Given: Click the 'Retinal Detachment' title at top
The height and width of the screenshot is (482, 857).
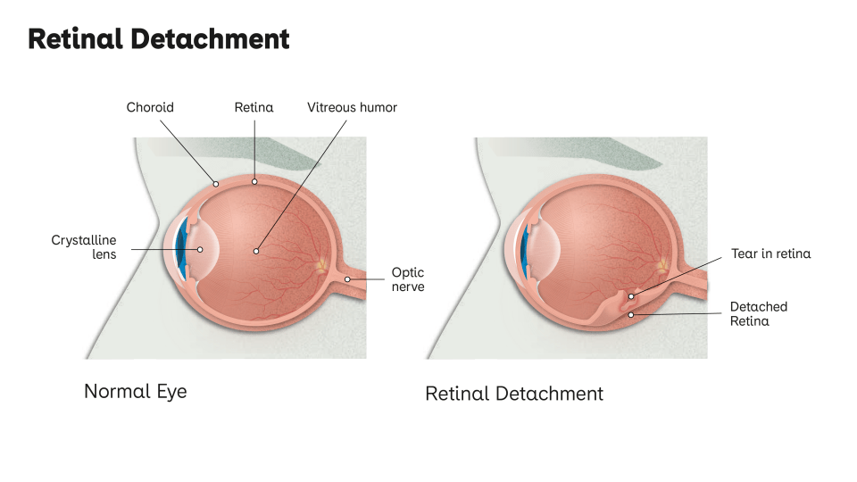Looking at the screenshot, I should click(159, 39).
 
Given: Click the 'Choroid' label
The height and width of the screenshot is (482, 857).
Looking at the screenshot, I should click(150, 107).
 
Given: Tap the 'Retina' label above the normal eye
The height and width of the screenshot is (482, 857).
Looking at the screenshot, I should click(254, 107).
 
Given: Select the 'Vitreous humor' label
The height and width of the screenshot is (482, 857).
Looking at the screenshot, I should click(352, 107).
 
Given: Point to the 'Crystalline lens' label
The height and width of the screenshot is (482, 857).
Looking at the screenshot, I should click(84, 247).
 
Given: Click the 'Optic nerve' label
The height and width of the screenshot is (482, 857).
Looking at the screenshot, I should click(407, 279).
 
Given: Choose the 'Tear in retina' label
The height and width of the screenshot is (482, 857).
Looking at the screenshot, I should click(770, 253).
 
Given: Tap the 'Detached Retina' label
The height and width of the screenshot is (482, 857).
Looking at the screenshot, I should click(758, 313).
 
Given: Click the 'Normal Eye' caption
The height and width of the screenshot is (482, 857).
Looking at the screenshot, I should click(136, 391).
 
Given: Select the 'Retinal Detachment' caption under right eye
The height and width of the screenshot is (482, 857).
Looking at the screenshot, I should click(514, 394).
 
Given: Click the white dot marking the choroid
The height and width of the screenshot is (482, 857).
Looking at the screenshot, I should click(216, 183).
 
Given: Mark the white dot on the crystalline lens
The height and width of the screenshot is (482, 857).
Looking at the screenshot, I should click(200, 251).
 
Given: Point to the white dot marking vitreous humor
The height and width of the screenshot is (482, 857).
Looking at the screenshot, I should click(257, 251).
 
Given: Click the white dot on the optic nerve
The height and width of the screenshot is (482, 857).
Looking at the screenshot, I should click(347, 279).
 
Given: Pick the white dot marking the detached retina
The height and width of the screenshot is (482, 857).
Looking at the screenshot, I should click(632, 314).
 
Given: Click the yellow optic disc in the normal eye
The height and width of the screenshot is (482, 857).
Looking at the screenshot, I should click(320, 266).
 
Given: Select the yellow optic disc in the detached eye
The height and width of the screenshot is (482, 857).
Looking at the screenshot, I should click(661, 266).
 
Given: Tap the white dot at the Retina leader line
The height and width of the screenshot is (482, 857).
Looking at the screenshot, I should click(254, 182).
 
